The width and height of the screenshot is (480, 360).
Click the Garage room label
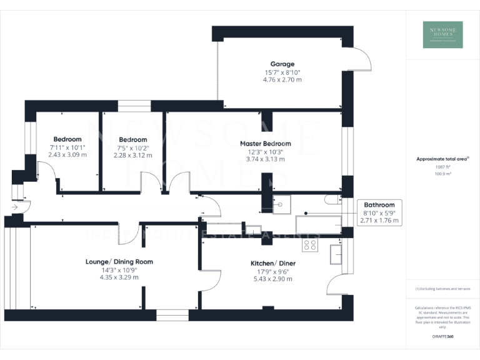click(x=282, y=64)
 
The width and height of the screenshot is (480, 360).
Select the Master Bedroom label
click(x=266, y=143)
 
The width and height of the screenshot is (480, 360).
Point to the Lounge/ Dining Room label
click(x=119, y=262)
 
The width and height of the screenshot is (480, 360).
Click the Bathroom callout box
click(x=379, y=212)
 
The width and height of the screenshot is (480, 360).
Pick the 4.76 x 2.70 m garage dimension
click(x=282, y=79)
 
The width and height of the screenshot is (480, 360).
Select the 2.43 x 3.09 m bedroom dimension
click(x=67, y=154)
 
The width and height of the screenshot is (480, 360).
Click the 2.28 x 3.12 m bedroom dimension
click(x=132, y=155)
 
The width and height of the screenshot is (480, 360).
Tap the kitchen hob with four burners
click(x=310, y=245)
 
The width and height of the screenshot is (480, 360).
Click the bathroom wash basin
click(x=281, y=203)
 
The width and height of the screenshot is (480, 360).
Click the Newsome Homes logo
click(x=442, y=34)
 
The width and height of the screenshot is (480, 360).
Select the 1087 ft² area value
click(x=442, y=167)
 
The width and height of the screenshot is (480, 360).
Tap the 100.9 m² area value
click(x=442, y=174)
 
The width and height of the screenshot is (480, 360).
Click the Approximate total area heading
click(x=442, y=159)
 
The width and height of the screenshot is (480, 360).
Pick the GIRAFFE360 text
click(x=442, y=337)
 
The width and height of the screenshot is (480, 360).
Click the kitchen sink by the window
click(x=336, y=252)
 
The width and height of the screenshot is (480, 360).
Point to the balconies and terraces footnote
click(x=442, y=289)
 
